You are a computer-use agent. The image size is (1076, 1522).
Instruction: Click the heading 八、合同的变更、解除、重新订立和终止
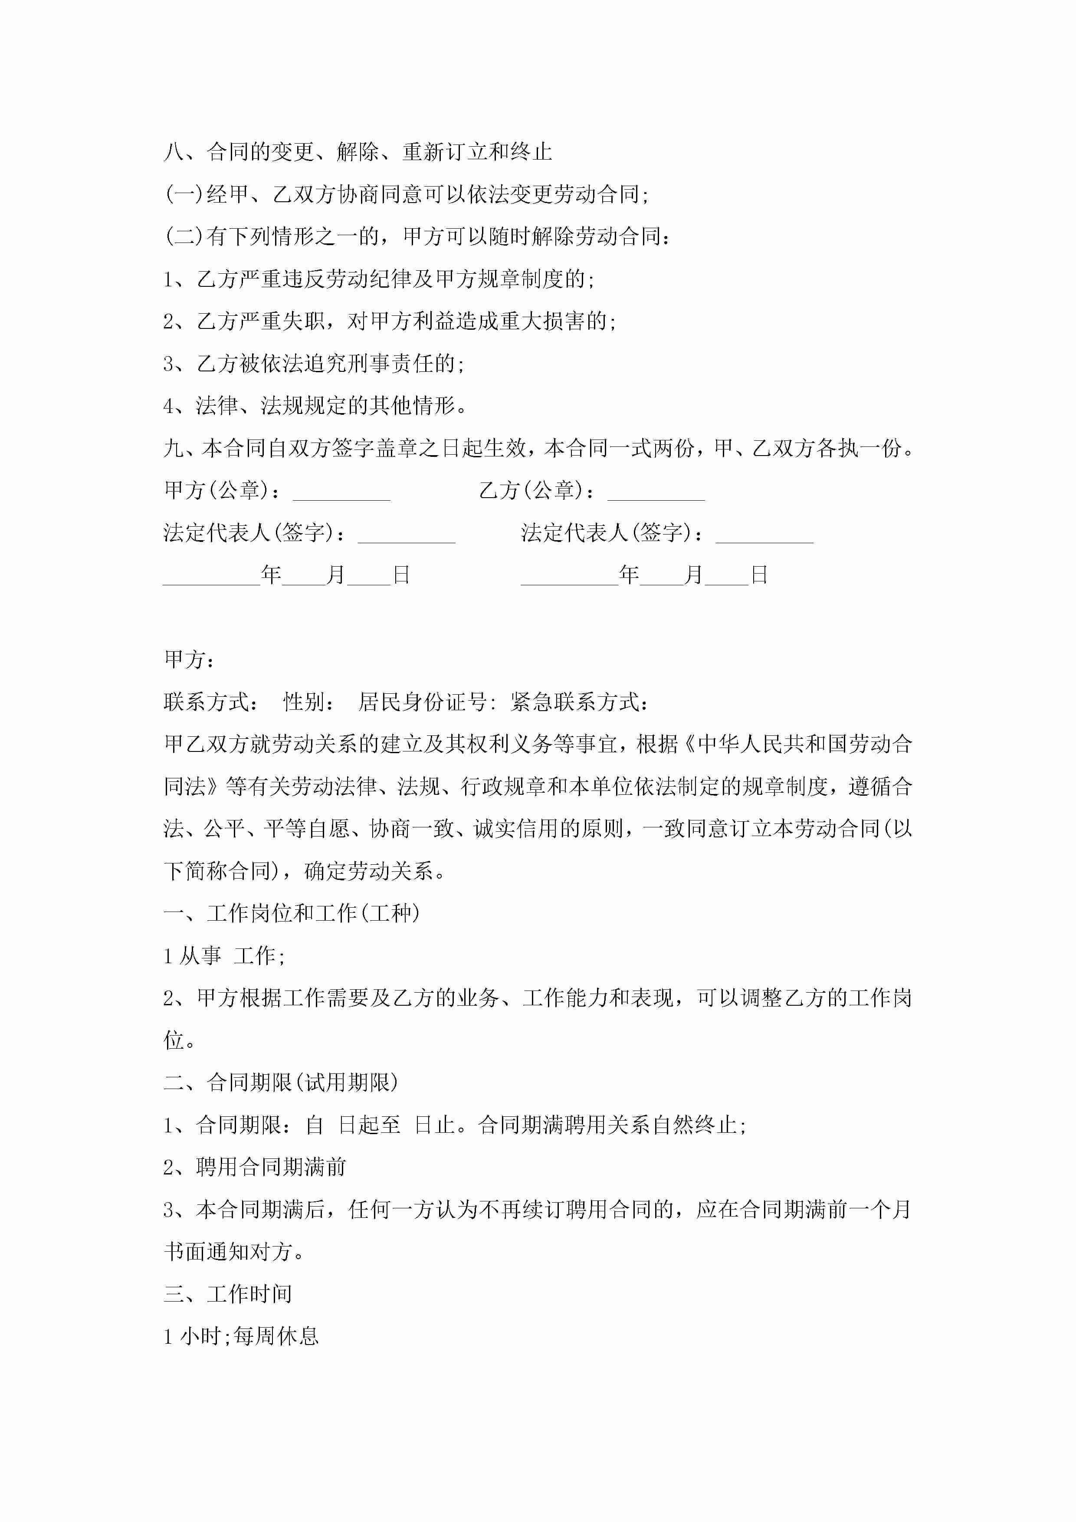tap(358, 152)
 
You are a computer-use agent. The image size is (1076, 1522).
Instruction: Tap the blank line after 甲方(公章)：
tap(341, 492)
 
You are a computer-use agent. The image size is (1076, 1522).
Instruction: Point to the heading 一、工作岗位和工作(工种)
tap(292, 913)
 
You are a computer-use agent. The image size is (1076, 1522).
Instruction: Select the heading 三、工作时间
tap(227, 1294)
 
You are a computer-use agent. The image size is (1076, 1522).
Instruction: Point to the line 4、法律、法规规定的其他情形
tap(315, 406)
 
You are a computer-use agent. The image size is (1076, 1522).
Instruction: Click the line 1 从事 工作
tap(224, 956)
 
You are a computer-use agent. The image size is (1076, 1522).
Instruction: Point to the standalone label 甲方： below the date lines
tap(188, 659)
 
